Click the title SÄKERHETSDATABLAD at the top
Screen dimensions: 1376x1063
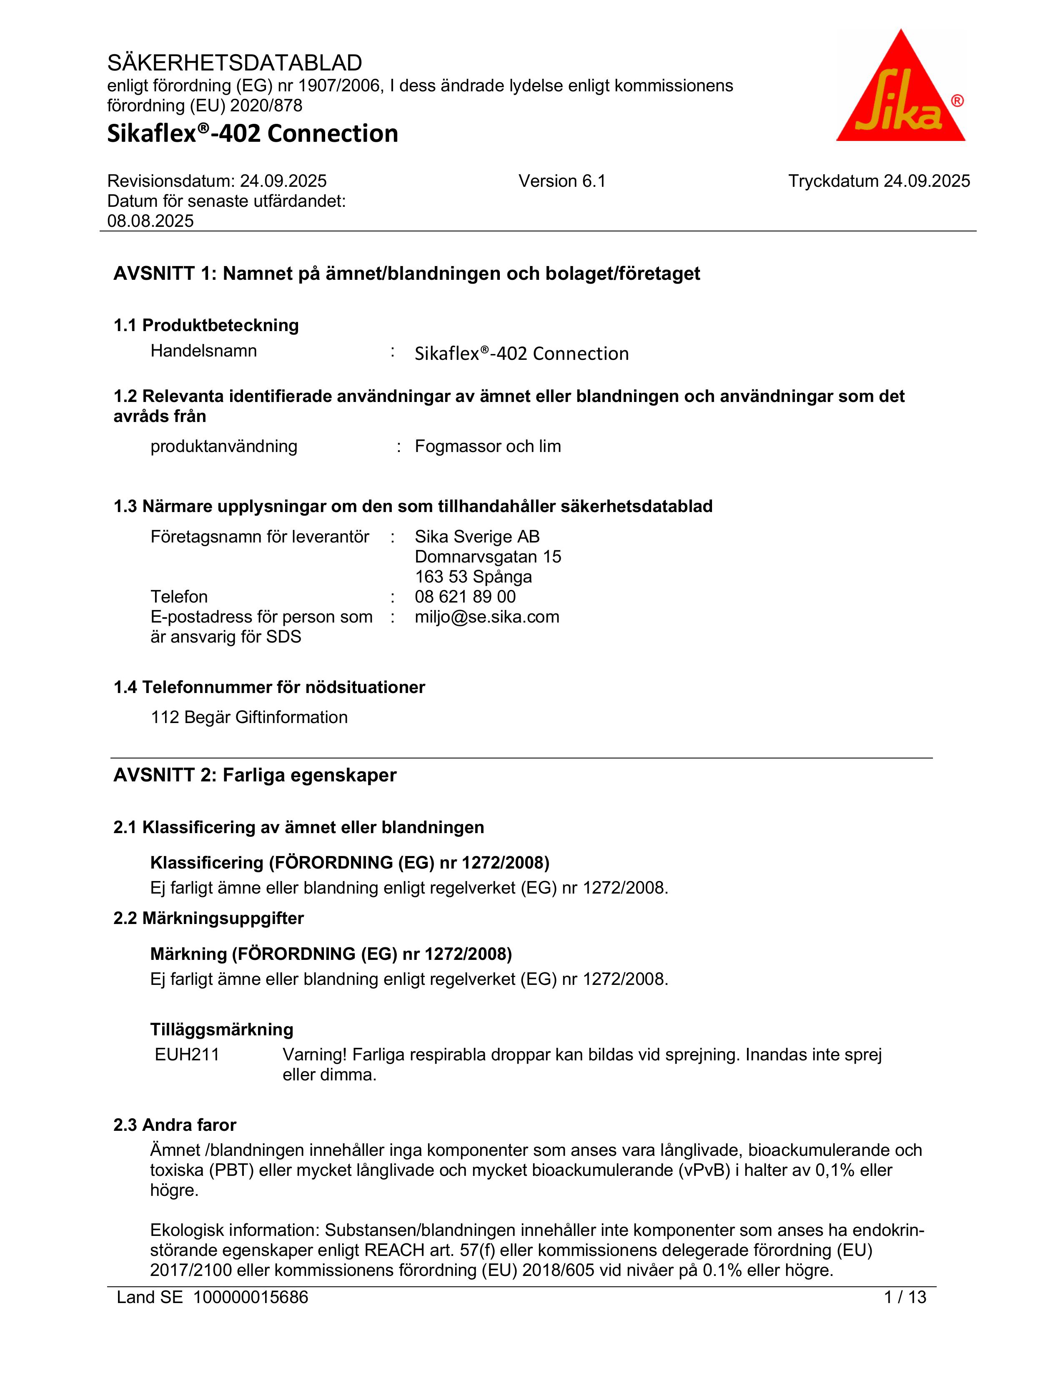pos(234,63)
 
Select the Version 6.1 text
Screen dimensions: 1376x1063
pos(562,181)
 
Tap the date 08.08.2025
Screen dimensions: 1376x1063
pos(150,221)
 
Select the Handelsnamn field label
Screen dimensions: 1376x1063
pos(203,351)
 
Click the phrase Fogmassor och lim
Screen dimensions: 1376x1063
pos(487,447)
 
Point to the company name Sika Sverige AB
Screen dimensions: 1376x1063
pos(477,537)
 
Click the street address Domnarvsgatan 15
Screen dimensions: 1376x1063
pos(487,557)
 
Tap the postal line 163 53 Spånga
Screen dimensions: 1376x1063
pos(473,577)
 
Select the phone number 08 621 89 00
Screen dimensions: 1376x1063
pos(465,597)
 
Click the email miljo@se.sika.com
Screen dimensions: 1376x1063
pos(487,617)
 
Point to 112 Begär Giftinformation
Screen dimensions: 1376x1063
pos(249,718)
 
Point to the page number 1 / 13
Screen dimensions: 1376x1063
pos(905,1297)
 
